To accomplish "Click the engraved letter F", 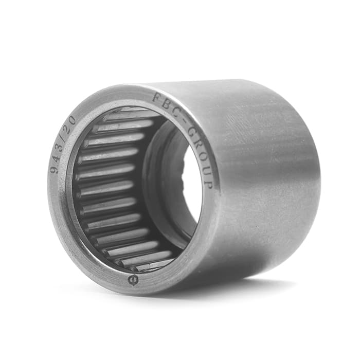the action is coord(156,98).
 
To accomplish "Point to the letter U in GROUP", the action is coord(206,171).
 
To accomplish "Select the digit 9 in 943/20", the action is coord(54,169).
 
